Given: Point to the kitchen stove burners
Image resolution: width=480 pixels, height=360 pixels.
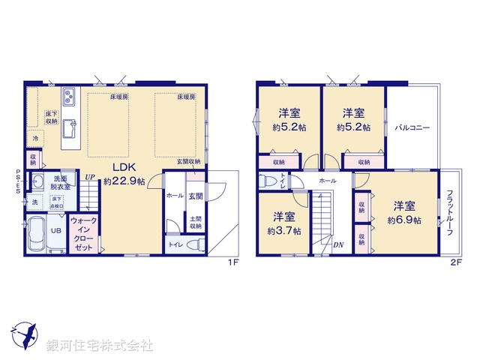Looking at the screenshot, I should click(69, 97).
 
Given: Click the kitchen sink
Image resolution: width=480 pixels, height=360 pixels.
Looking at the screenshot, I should click(68, 125).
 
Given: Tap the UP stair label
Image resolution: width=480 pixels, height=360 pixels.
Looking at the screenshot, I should click(89, 178).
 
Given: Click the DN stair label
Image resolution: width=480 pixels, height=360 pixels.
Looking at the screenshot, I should click(338, 244).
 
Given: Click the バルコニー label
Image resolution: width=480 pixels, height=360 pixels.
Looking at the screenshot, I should click(412, 128).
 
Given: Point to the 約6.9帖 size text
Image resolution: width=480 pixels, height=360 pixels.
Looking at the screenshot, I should click(404, 220).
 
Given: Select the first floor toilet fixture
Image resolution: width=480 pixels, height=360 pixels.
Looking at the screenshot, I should click(195, 244).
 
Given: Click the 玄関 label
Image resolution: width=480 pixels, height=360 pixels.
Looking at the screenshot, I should click(194, 196).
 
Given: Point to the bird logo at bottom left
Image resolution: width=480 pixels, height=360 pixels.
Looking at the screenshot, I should click(23, 335).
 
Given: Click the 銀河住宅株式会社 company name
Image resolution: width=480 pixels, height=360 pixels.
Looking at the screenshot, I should click(100, 346).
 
